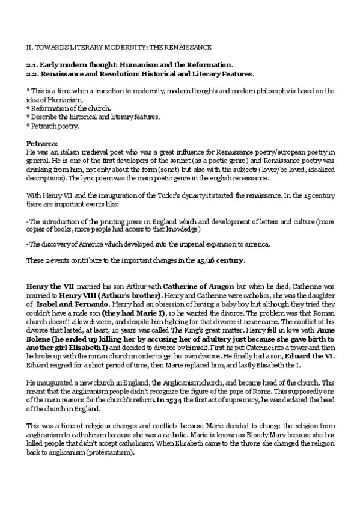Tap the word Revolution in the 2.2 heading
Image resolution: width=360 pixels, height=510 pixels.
[x=118, y=73]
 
